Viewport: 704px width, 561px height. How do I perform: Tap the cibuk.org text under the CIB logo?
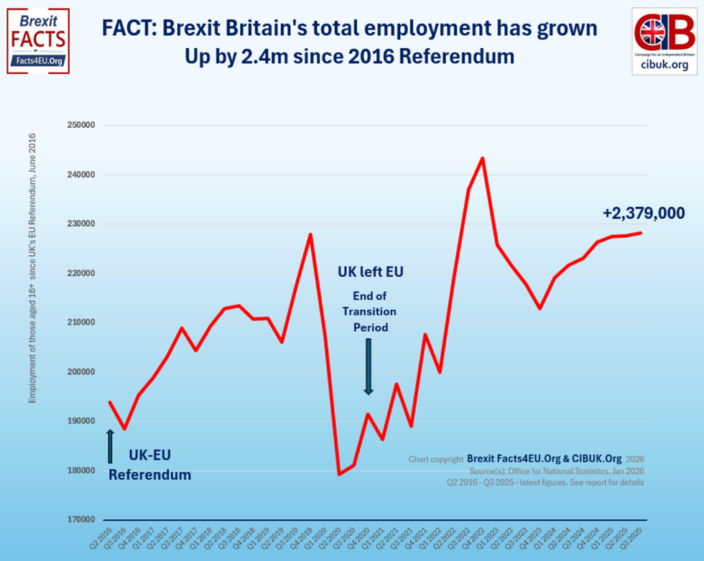(x=664, y=65)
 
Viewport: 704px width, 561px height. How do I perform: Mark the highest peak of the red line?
(x=482, y=158)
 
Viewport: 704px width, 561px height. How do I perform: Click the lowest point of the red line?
(x=339, y=474)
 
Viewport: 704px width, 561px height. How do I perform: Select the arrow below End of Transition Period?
(x=369, y=366)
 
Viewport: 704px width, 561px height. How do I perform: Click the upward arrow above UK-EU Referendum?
(x=110, y=445)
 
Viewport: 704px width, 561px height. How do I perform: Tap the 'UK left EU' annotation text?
(x=371, y=272)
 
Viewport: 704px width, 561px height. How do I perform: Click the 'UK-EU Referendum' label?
(x=149, y=465)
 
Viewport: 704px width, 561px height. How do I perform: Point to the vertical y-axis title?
(x=32, y=273)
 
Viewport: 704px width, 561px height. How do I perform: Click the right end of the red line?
(x=640, y=233)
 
